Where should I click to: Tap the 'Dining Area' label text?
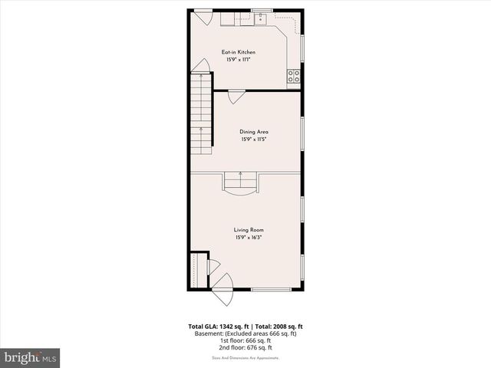(x=254, y=131)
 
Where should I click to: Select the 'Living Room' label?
(x=249, y=229)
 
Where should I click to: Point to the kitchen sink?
(x=261, y=18)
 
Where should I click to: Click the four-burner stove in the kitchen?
(x=294, y=76)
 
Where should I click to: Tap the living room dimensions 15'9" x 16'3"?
(x=249, y=238)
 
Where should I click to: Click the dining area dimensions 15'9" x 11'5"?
(x=254, y=140)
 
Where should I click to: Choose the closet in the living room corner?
(x=199, y=270)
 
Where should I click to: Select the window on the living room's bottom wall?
(x=271, y=290)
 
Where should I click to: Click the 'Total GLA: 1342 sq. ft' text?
(x=219, y=327)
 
